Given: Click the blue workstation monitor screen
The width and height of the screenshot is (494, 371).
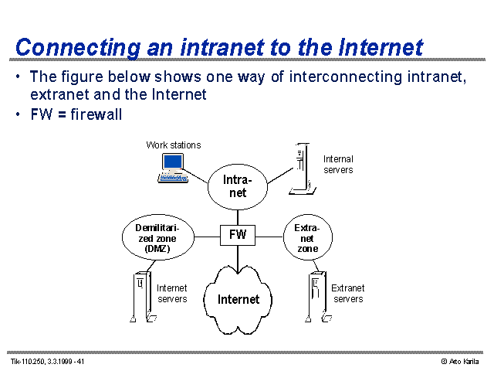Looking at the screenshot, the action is (x=173, y=162).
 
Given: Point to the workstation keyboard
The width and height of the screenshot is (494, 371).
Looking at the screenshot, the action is (x=173, y=179).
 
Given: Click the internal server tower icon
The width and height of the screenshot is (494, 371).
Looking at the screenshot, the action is (x=303, y=168).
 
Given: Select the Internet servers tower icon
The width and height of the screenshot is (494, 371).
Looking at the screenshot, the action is (x=143, y=297).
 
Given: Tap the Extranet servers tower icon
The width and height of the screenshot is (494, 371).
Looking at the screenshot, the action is (x=318, y=297).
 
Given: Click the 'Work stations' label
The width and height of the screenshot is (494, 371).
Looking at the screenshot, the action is (x=174, y=145).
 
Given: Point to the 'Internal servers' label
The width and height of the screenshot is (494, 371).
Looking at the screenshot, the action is (x=338, y=165).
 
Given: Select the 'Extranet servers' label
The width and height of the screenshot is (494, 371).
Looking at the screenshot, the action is (x=348, y=294).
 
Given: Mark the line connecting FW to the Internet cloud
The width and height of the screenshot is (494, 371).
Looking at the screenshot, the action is (x=238, y=260).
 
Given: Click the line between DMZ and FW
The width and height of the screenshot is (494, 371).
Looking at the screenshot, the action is (x=207, y=237).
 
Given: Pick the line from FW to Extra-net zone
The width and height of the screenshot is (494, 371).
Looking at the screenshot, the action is (x=269, y=237).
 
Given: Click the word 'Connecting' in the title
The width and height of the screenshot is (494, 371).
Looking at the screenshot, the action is (x=78, y=48).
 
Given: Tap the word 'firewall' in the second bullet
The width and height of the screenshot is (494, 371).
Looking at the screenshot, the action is (x=96, y=114).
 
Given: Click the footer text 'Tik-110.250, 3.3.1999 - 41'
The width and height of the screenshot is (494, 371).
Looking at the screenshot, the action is (x=48, y=362).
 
